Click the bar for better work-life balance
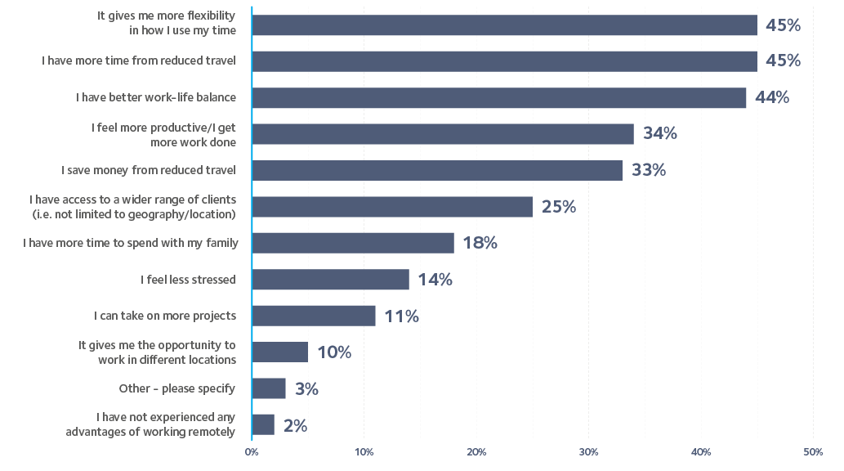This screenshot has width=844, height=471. (x=499, y=97)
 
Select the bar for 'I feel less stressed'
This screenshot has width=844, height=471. (x=331, y=280)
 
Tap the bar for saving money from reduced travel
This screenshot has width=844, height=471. (x=437, y=170)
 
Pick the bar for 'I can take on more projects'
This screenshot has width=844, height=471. (x=315, y=316)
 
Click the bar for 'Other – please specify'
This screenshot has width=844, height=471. (x=270, y=388)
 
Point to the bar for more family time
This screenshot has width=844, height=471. (x=353, y=243)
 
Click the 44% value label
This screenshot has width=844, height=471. (x=772, y=97)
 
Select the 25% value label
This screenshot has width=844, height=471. (x=558, y=207)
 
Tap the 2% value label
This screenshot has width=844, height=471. (x=295, y=425)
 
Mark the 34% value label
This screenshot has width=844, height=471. (x=659, y=133)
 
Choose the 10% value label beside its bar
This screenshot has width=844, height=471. (x=333, y=352)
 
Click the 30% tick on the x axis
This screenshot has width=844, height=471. (x=588, y=451)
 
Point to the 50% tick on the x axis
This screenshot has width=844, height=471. (x=812, y=451)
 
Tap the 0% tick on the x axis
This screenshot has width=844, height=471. (x=252, y=451)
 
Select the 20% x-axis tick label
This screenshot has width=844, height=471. (x=476, y=451)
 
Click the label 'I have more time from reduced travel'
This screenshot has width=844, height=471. (x=139, y=61)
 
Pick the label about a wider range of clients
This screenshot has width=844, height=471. (x=132, y=207)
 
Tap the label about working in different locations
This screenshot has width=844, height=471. (x=157, y=352)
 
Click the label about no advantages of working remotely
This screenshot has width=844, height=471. (x=150, y=424)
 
